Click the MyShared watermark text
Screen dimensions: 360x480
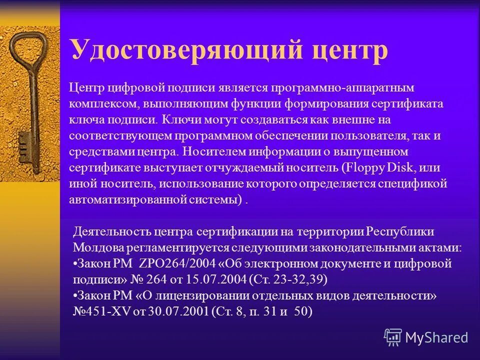click(x=436, y=337)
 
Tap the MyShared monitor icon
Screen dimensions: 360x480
click(x=393, y=337)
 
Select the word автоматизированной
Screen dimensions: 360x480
click(x=129, y=199)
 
